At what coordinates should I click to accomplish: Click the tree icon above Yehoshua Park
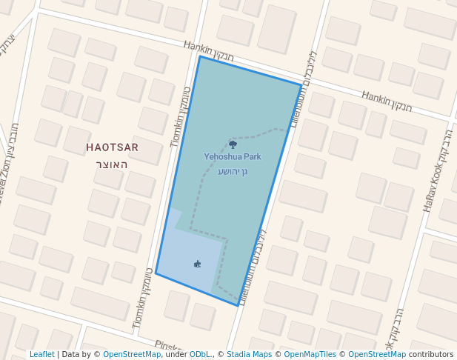[233, 145]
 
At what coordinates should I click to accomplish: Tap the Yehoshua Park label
[233, 157]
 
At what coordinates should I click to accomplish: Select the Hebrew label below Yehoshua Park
[233, 171]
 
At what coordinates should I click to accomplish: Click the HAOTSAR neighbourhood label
[112, 147]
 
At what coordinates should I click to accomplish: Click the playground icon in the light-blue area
[197, 263]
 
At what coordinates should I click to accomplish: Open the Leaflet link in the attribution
[41, 355]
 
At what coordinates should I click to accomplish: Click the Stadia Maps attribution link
[250, 355]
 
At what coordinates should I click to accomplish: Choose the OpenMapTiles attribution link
[307, 355]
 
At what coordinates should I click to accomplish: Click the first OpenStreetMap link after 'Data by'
[132, 355]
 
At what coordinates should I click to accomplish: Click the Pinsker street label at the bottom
[169, 346]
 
